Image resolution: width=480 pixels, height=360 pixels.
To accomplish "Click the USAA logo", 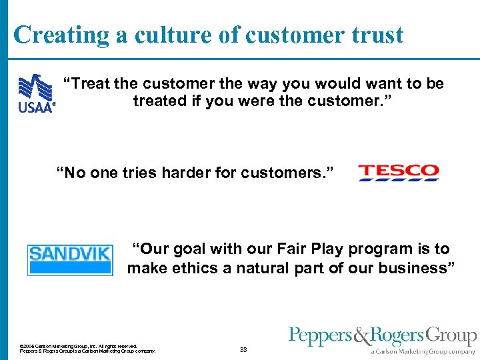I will tap(35, 94).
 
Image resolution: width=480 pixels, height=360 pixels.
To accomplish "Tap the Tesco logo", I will tap(399, 173).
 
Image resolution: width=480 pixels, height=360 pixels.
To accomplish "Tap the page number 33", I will tap(243, 349).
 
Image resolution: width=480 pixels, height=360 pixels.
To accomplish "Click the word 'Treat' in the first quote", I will tap(91, 83).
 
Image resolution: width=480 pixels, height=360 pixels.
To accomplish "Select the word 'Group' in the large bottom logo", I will tap(451, 335).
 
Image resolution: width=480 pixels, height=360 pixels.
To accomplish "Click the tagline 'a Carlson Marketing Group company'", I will tap(424, 351).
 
